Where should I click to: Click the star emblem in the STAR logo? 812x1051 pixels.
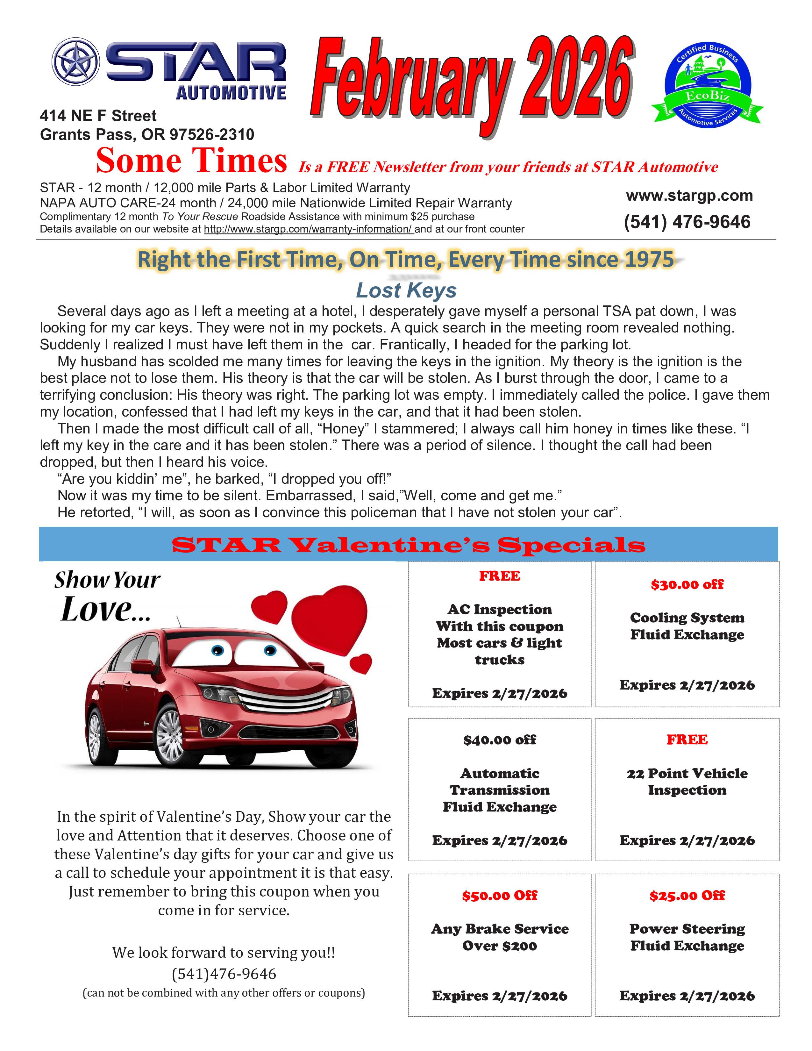click(75, 62)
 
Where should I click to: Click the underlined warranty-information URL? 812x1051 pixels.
click(308, 229)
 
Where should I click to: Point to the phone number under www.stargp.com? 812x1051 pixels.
click(687, 222)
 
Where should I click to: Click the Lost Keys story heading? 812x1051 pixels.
click(406, 290)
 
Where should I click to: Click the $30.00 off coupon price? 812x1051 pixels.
click(687, 585)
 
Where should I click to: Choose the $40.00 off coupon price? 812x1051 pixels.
click(499, 740)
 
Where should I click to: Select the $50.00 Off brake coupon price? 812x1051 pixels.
click(499, 896)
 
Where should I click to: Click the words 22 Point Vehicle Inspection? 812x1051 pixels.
click(687, 782)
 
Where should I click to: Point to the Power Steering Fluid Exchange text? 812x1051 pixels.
click(687, 937)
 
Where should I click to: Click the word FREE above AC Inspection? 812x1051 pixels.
click(499, 576)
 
